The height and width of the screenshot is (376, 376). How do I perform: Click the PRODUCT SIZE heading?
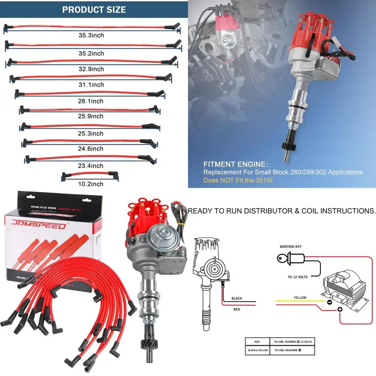[94, 9]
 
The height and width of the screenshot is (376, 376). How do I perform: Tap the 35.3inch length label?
[91, 36]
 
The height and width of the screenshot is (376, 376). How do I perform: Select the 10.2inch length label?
[91, 184]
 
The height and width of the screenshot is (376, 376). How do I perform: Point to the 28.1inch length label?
[91, 101]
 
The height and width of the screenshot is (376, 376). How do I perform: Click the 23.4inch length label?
[91, 166]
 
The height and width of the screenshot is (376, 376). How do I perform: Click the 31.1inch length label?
[91, 85]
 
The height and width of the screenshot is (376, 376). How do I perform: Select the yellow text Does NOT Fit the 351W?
[238, 180]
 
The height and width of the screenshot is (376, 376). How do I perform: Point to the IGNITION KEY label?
[290, 247]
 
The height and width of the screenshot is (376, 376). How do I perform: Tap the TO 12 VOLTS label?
[297, 277]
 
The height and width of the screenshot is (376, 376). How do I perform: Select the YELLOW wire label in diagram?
[300, 297]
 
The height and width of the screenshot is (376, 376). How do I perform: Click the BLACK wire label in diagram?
[237, 299]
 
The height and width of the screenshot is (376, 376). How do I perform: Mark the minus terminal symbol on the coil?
[329, 302]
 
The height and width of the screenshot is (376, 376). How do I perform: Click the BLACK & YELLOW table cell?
[257, 350]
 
